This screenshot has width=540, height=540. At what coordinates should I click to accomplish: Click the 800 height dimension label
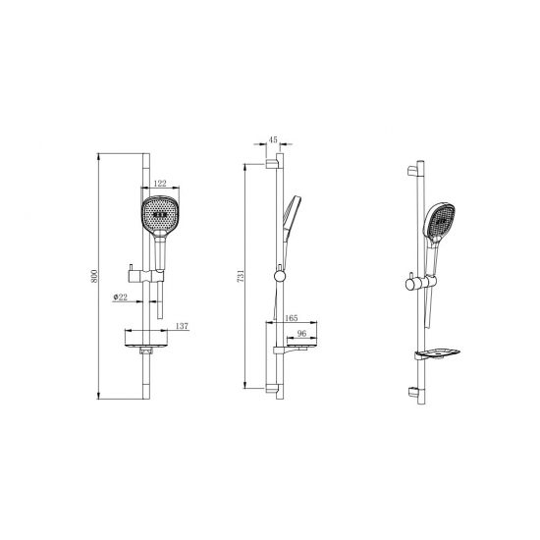tap(94, 276)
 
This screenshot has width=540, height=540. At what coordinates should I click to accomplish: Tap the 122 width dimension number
tap(160, 184)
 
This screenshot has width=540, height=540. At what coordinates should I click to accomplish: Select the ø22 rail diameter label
tap(120, 297)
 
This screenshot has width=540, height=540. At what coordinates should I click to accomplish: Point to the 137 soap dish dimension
tap(183, 326)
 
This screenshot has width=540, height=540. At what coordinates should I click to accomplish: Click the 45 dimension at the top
tap(273, 139)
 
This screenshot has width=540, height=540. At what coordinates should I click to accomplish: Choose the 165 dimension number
tap(292, 318)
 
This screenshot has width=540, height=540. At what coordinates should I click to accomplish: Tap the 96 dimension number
tap(301, 334)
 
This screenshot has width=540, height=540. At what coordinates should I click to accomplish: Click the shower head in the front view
tap(159, 216)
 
